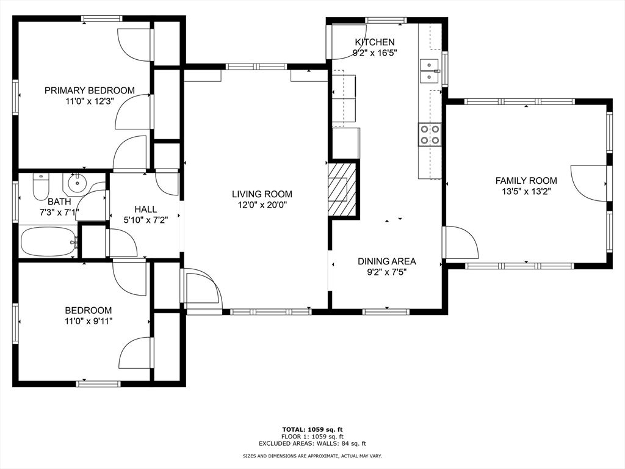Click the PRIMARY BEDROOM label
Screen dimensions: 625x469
pos(89,90)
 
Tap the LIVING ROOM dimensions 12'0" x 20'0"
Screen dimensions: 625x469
pos(262,205)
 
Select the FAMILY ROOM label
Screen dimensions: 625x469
pos(526,181)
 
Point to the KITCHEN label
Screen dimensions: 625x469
pos(375,42)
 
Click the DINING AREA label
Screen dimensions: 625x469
pos(386,261)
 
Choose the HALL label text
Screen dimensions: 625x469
pos(145,209)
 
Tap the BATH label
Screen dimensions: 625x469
pos(59,202)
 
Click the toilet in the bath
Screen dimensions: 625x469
pos(40,187)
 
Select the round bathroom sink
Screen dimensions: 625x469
pos(76,183)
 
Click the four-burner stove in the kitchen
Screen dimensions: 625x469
pos(430,134)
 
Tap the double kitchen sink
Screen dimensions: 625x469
pos(430,71)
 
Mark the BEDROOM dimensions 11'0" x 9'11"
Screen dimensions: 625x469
pos(89,321)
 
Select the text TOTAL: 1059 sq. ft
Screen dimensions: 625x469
pos(312,429)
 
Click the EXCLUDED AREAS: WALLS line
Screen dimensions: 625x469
pos(312,443)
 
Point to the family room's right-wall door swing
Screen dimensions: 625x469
pos(589,183)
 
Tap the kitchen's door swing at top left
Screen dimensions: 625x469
pos(349,42)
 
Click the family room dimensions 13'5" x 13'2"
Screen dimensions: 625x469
pos(526,191)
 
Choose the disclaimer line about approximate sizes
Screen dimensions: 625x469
pos(312,456)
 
